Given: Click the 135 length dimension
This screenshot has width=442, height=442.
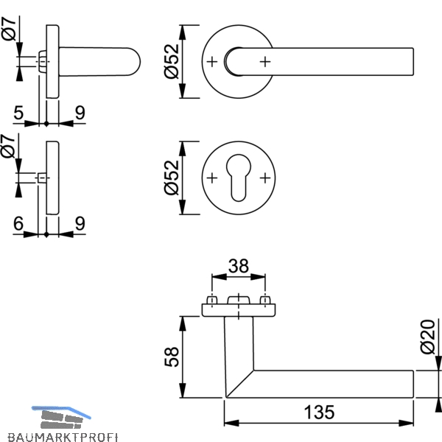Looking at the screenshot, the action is [320, 412].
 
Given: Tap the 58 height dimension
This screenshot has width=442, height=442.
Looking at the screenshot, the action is [172, 357].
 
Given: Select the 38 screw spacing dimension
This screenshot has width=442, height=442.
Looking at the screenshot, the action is [239, 266].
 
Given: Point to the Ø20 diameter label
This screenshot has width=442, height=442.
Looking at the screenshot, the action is [427, 337].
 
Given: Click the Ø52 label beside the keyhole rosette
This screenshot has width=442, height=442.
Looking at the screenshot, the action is [172, 178].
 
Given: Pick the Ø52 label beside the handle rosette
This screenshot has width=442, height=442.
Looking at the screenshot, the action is [172, 61].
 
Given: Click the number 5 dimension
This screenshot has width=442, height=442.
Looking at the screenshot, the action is [18, 113].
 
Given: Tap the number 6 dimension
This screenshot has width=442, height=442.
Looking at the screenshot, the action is [18, 223].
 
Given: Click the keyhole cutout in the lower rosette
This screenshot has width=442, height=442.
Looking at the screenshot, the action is [239, 178].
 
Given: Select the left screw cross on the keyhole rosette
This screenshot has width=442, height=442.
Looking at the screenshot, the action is [212, 178].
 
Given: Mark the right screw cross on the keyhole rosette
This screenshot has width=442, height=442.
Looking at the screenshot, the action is [265, 178].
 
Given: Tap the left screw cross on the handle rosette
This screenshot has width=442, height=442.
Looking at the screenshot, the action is [212, 62].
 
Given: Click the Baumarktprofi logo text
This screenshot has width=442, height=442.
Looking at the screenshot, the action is [63, 437].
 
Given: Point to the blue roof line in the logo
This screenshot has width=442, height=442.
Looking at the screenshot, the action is [61, 412].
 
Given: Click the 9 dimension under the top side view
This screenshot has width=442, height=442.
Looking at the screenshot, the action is [80, 113].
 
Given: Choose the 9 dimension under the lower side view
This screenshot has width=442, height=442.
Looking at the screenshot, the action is [80, 223].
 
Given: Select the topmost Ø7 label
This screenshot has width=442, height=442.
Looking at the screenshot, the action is [9, 28].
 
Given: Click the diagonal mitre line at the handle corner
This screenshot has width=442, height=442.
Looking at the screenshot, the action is [240, 384].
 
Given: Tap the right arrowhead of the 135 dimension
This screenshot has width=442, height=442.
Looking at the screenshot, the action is [406, 423].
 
